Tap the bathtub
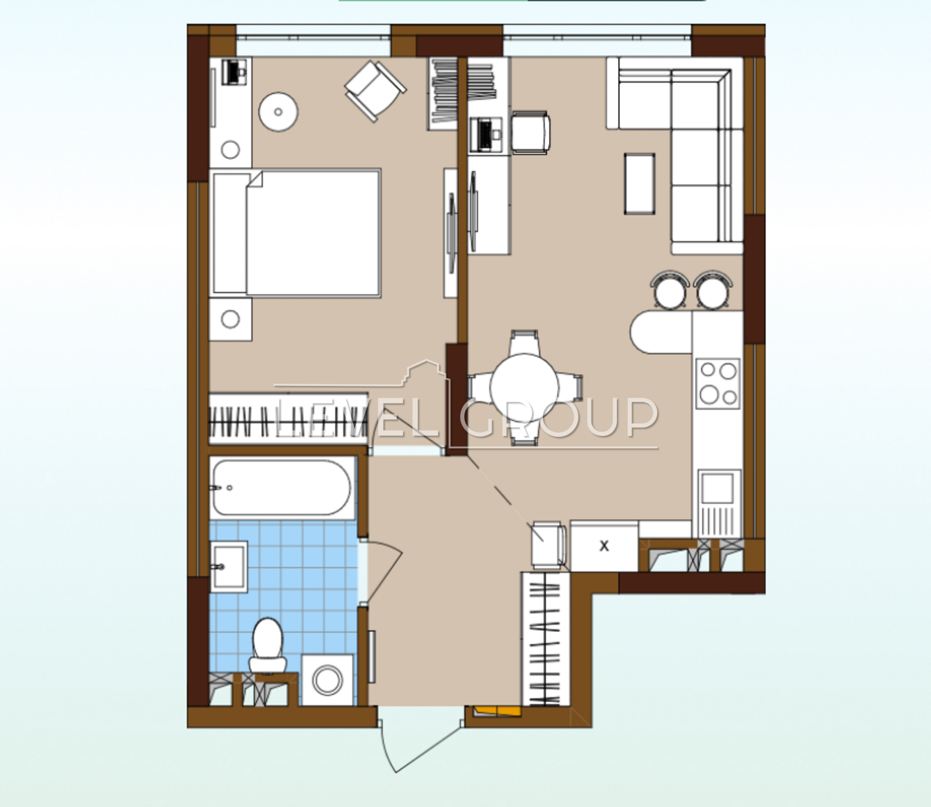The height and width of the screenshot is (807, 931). pyautogui.click(x=282, y=487)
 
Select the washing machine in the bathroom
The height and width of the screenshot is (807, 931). pyautogui.click(x=328, y=680)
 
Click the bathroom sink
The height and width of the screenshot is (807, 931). pyautogui.click(x=229, y=566)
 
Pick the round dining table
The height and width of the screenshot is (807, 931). pyautogui.click(x=524, y=386)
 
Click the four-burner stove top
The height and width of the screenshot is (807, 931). pyautogui.click(x=718, y=384)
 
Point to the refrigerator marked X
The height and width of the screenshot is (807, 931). pyautogui.click(x=604, y=546)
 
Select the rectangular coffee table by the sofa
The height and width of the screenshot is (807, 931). pyautogui.click(x=639, y=184)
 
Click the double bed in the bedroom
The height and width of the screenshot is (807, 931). pyautogui.click(x=296, y=233)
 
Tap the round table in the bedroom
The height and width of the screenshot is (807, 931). pyautogui.click(x=278, y=112)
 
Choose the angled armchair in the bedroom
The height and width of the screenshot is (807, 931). pyautogui.click(x=375, y=91)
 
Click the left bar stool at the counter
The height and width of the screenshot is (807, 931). pyautogui.click(x=671, y=290)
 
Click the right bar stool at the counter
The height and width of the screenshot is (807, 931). pyautogui.click(x=713, y=290)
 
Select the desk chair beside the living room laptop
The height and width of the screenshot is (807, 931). pyautogui.click(x=531, y=133)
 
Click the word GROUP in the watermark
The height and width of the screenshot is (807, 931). pyautogui.click(x=559, y=417)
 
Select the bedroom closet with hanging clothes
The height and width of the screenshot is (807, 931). pyautogui.click(x=289, y=419)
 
